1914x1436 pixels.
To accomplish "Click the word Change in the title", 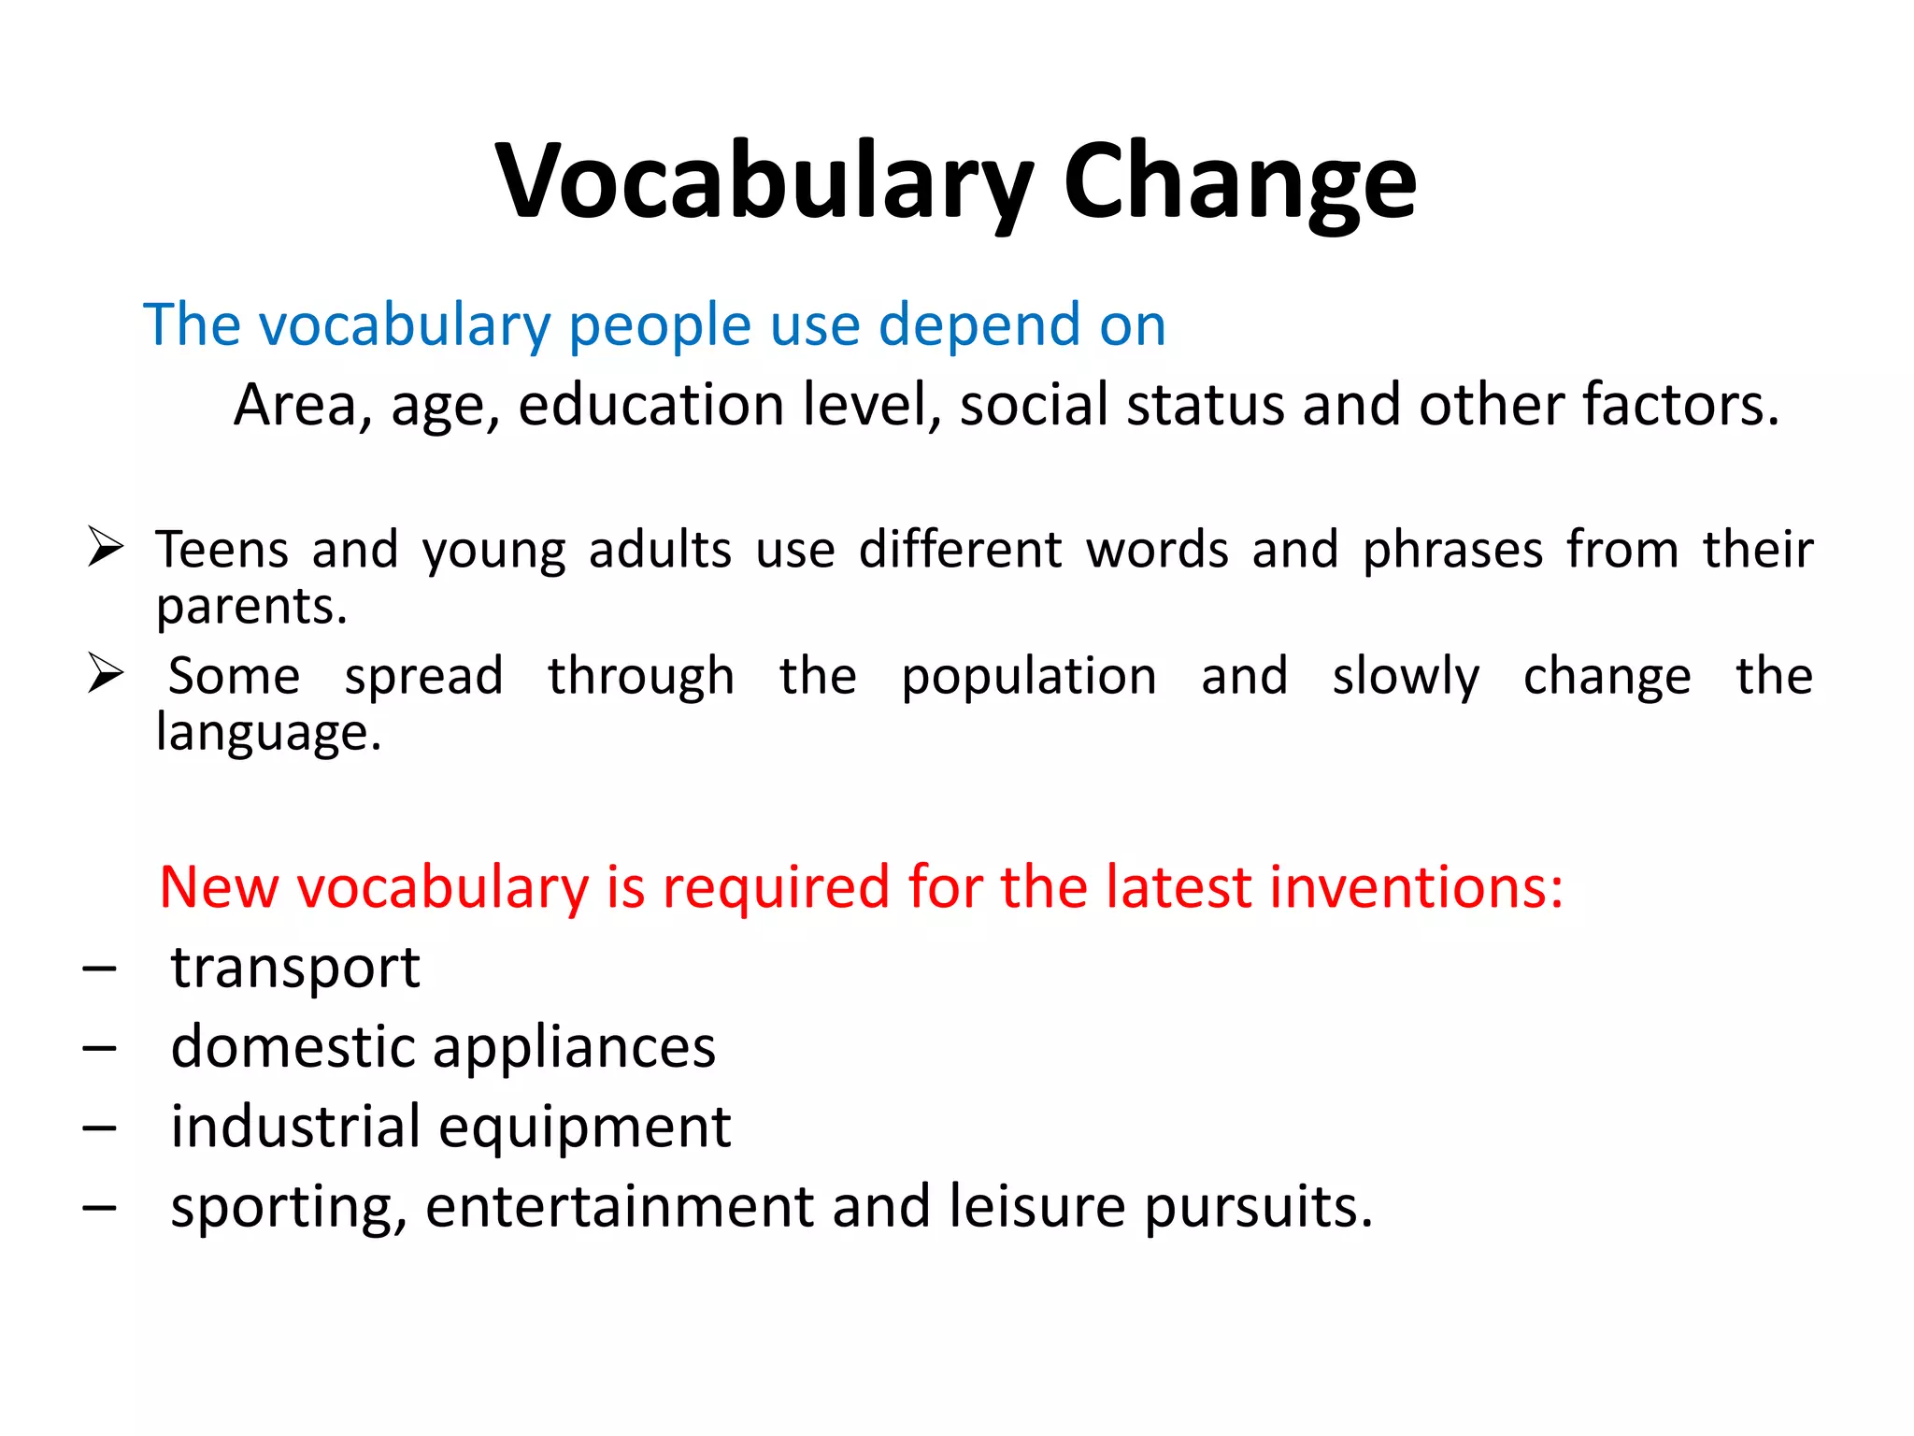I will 1239,182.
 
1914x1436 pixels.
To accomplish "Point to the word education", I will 650,405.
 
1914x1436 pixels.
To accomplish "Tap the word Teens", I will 222,549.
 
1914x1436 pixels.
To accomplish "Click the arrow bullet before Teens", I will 106,546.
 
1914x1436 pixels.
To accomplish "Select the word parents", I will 251,607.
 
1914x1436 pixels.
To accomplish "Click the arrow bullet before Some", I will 106,673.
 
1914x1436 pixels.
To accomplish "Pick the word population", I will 1029,676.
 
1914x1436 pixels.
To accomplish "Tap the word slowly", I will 1406,676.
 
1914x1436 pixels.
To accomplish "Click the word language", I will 268,732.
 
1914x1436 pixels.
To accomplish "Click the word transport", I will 295,968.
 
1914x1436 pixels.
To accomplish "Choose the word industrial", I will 295,1127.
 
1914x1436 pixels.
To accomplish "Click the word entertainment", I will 620,1207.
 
